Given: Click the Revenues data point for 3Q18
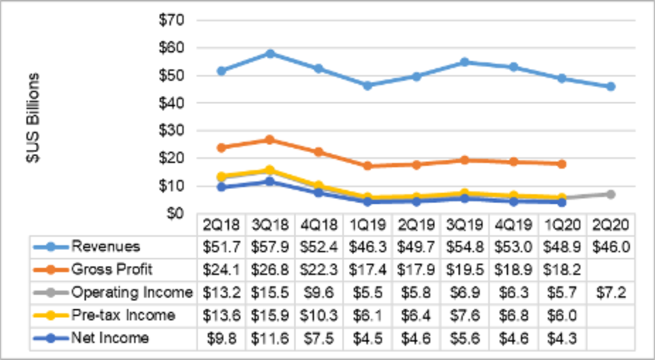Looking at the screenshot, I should [x=270, y=53].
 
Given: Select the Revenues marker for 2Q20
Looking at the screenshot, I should [x=611, y=87].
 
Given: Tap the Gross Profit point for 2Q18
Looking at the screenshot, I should [x=221, y=147].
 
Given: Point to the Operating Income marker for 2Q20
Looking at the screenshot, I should [x=611, y=194].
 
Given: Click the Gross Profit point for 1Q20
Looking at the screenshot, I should [x=562, y=164].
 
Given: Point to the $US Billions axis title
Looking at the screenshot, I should [x=33, y=117].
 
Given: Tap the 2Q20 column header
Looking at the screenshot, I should [x=611, y=225].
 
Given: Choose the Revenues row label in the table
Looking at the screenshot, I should [x=105, y=246].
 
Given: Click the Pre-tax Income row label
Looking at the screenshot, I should [x=123, y=315].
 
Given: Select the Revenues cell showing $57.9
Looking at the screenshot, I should [x=270, y=247].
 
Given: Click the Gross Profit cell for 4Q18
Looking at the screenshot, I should [x=319, y=270].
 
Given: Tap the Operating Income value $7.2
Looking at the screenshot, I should [x=611, y=293].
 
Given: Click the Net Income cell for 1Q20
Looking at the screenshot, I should [x=562, y=338].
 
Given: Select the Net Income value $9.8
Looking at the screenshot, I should [x=221, y=338].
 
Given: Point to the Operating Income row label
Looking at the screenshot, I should [x=132, y=293].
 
